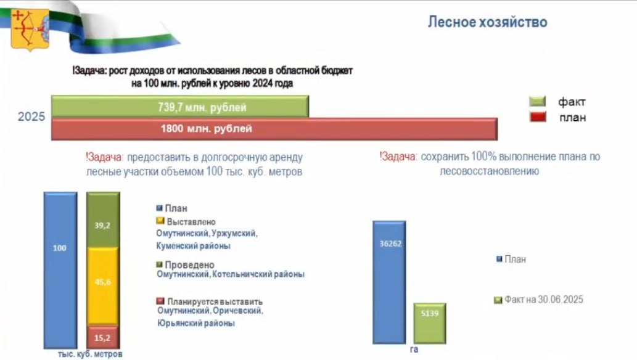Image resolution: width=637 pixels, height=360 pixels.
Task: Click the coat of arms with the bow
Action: pos(30,30)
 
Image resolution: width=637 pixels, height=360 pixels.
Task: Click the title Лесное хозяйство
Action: pos(488,22)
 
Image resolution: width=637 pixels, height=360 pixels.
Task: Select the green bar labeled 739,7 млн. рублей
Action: pos(180,107)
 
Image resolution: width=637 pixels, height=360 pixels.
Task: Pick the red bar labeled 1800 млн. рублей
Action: pos(274,129)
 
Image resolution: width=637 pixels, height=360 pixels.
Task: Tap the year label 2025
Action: pos(31,117)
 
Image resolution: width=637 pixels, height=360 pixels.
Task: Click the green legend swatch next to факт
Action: pos(538,101)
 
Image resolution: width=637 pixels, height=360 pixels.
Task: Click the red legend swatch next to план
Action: pos(538,117)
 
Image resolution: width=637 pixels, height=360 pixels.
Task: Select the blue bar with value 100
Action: pos(60,270)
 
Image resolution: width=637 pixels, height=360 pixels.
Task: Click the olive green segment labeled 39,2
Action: pos(103,220)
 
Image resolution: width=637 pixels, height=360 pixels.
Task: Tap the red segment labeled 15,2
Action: pos(103,337)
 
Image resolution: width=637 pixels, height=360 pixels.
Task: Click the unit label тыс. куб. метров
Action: pos(90,354)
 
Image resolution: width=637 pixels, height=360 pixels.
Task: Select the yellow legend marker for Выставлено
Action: pos(160,221)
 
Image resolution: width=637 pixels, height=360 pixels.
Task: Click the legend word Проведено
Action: pos(189,265)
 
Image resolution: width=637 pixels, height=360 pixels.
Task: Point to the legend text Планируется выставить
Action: pos(215,302)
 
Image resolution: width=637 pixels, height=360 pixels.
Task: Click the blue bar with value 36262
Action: pos(389,282)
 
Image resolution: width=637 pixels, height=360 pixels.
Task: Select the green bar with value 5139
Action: pos(430,324)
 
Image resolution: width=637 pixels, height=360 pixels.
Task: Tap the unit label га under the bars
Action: pos(414,350)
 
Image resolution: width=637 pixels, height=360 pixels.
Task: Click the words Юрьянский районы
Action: pos(196,324)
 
